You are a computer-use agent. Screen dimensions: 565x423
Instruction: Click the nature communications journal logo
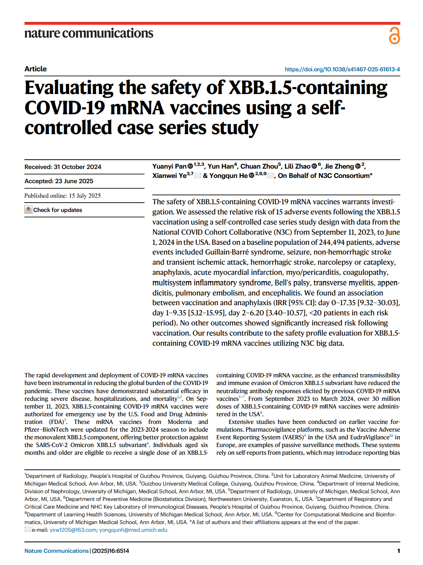point(89,33)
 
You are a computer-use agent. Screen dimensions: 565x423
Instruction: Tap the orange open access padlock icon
point(394,36)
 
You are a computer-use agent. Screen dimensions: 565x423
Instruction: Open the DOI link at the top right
point(342,69)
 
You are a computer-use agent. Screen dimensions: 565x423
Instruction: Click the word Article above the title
point(36,69)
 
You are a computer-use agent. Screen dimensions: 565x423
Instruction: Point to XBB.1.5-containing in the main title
point(308,88)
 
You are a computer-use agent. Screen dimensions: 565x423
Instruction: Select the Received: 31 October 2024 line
point(63,167)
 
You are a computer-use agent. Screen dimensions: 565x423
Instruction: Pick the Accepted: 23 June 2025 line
point(59,181)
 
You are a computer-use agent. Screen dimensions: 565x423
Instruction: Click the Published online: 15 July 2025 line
point(62,196)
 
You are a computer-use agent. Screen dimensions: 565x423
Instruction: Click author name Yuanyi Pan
point(169,167)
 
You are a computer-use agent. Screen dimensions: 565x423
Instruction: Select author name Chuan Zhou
point(259,167)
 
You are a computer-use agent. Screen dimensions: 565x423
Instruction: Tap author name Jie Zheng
point(339,167)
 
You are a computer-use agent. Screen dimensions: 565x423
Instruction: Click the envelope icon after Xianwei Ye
point(198,176)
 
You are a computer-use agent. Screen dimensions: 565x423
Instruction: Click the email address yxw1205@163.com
point(73,530)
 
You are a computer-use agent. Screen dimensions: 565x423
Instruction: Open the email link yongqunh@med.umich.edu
point(133,530)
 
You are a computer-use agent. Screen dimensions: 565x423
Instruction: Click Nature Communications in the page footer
point(56,551)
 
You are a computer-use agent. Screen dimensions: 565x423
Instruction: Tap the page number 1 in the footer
point(398,551)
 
